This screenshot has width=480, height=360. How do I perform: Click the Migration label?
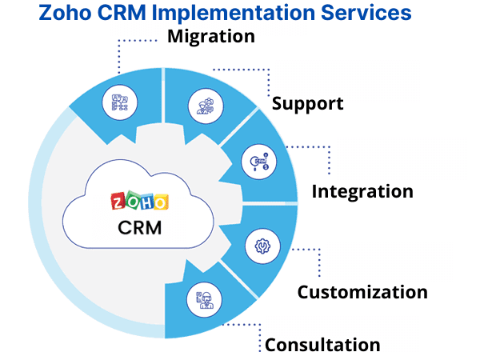pos(211,36)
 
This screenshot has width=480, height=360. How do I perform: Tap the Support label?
pos(308,103)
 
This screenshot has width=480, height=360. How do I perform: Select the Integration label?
pos(362,191)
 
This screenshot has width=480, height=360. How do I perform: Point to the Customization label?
pos(362,292)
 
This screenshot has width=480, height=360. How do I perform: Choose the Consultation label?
pos(322,345)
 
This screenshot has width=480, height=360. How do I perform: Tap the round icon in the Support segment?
pos(200,106)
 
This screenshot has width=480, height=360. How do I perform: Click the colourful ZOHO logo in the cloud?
pos(140,200)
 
